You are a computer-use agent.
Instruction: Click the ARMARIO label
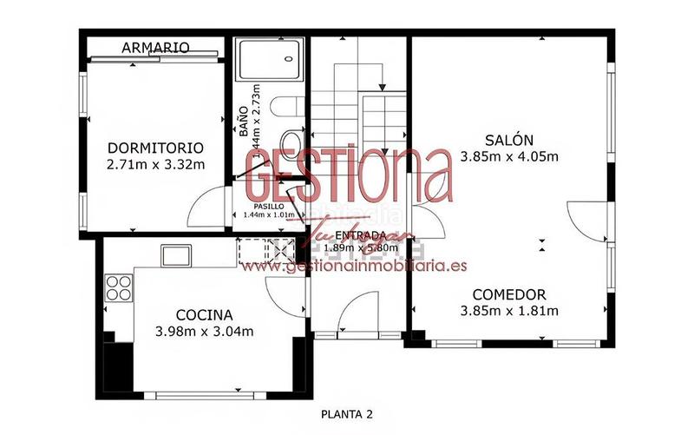click(156, 47)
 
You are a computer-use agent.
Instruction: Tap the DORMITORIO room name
click(155, 148)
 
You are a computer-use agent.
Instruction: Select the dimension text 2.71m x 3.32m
click(155, 164)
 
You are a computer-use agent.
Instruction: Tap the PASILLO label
click(269, 206)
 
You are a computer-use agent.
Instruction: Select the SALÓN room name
click(509, 140)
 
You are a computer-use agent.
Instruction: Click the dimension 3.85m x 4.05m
click(509, 157)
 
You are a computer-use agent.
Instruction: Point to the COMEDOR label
click(509, 294)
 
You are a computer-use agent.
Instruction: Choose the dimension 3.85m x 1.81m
click(509, 311)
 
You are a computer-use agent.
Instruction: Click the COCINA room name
click(204, 314)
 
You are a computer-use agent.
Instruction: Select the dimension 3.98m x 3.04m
click(204, 331)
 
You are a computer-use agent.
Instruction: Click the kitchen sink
click(178, 254)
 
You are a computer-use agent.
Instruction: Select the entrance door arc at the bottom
click(357, 311)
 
